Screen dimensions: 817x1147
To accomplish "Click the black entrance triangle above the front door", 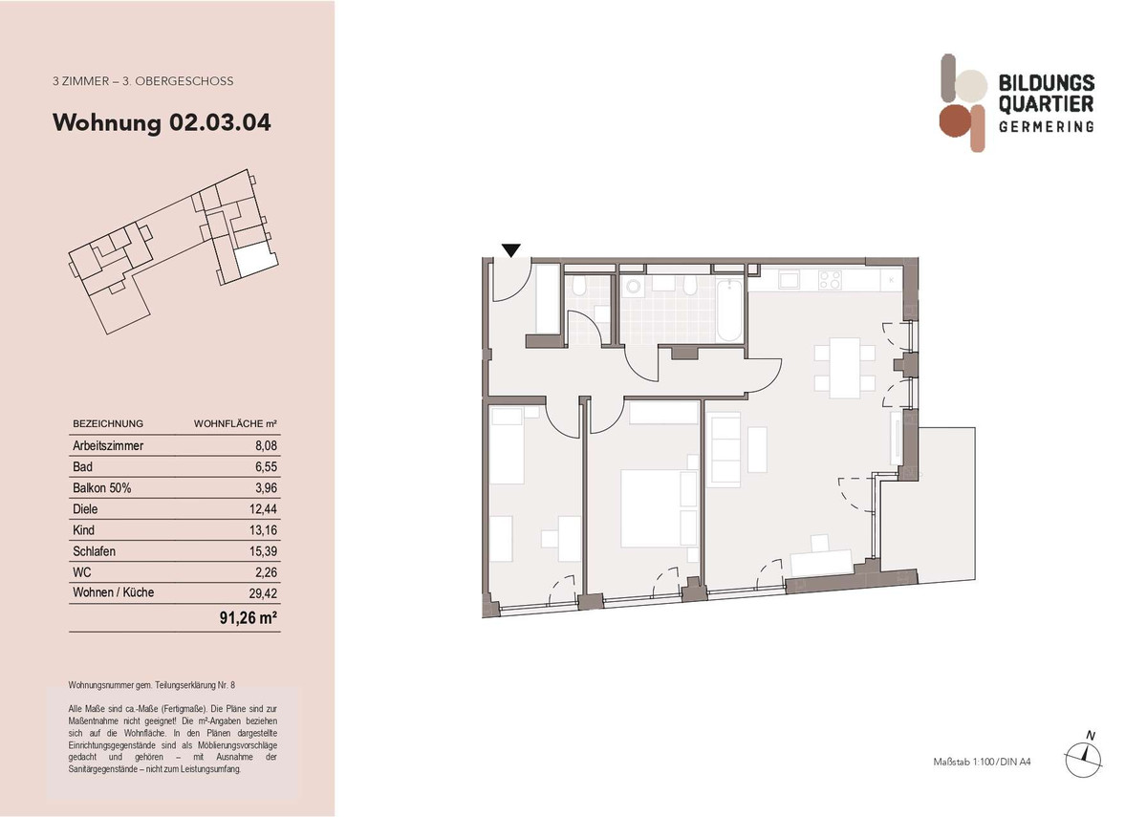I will [511, 251].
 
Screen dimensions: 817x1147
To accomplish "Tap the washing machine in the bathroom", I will [632, 288].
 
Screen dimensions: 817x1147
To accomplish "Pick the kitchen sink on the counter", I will [790, 280].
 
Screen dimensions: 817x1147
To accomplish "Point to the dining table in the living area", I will [844, 368].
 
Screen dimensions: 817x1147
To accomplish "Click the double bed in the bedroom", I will [658, 506].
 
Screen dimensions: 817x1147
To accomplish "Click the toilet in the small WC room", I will [578, 289].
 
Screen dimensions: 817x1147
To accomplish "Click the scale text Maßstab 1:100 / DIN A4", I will [982, 762].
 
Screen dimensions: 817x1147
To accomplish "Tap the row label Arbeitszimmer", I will [108, 445].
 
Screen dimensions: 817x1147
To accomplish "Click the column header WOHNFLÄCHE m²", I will [235, 423].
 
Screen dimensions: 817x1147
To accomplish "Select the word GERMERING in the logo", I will [1046, 127].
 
